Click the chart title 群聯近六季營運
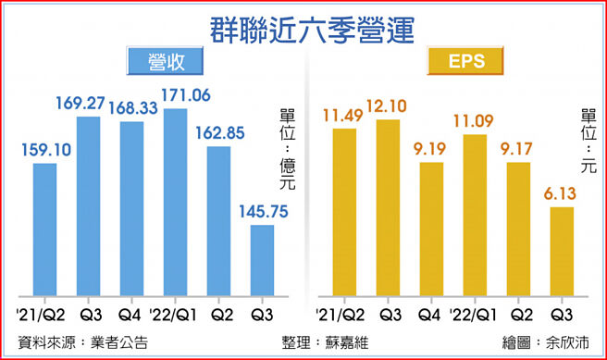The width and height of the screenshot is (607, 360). (x=303, y=26)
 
